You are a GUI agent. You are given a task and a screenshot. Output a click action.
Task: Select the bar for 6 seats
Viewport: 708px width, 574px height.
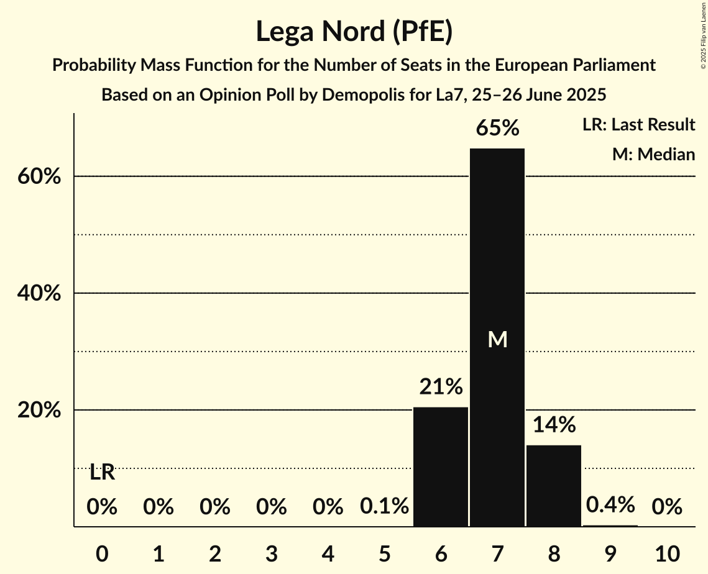441,467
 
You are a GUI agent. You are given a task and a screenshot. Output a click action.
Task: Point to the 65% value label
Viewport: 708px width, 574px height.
497,128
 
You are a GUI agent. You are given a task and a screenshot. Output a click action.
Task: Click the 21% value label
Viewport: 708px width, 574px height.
441,387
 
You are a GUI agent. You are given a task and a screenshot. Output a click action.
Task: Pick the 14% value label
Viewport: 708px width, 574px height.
554,425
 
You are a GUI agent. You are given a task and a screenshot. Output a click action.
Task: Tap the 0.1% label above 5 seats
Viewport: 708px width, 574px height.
384,507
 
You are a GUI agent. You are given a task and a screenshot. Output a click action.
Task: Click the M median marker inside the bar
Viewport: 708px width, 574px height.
497,339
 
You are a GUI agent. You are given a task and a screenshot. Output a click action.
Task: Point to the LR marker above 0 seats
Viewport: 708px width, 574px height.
102,473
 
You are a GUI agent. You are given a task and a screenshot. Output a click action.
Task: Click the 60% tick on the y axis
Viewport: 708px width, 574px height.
39,177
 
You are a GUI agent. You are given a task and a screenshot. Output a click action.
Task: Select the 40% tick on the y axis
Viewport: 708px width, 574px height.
39,294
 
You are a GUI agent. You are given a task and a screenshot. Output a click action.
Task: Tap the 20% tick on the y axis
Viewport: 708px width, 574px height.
39,411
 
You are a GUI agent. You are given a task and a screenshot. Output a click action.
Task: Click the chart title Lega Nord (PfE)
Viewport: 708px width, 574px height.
354,32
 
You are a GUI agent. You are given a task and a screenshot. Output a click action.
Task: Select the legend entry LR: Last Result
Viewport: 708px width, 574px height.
638,125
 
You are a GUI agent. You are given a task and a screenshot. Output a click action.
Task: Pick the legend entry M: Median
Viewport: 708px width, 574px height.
653,154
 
